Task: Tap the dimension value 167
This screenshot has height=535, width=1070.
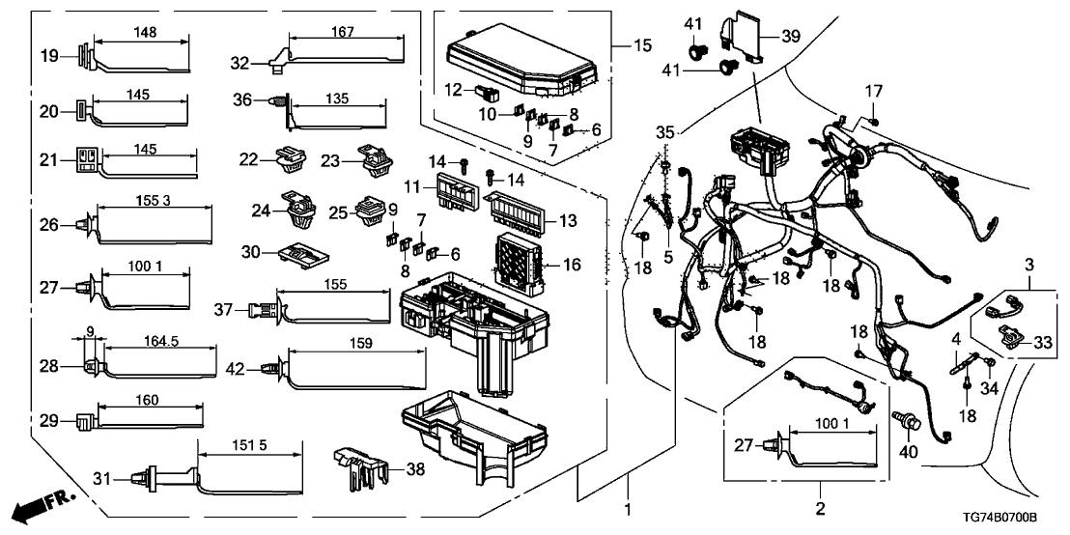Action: (x=345, y=32)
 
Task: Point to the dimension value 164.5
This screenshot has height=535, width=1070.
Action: (x=158, y=340)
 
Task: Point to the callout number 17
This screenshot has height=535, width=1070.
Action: (x=873, y=93)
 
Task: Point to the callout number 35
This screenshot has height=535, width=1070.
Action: (x=664, y=131)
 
